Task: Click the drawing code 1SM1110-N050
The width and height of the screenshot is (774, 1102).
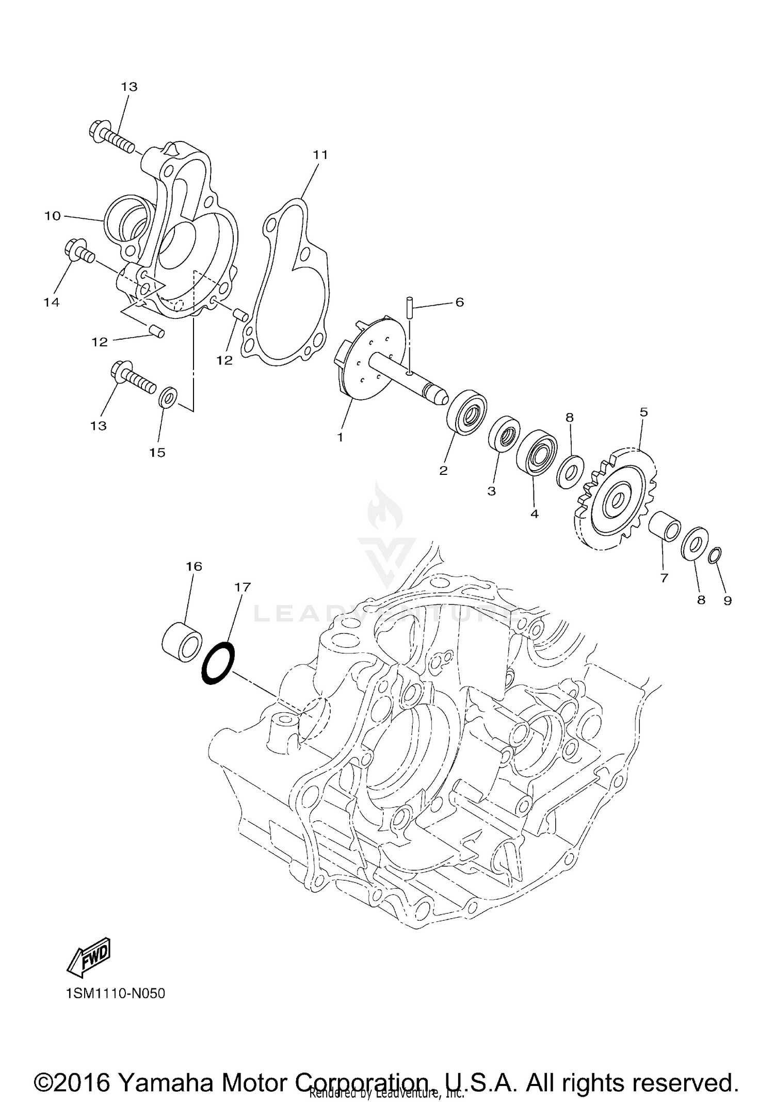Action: (x=116, y=993)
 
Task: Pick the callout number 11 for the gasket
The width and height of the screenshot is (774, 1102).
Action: (x=320, y=154)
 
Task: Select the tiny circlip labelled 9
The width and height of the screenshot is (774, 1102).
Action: (x=715, y=555)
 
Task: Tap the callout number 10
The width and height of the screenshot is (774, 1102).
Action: (x=53, y=216)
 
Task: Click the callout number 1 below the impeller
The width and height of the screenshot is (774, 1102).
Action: (x=340, y=438)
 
